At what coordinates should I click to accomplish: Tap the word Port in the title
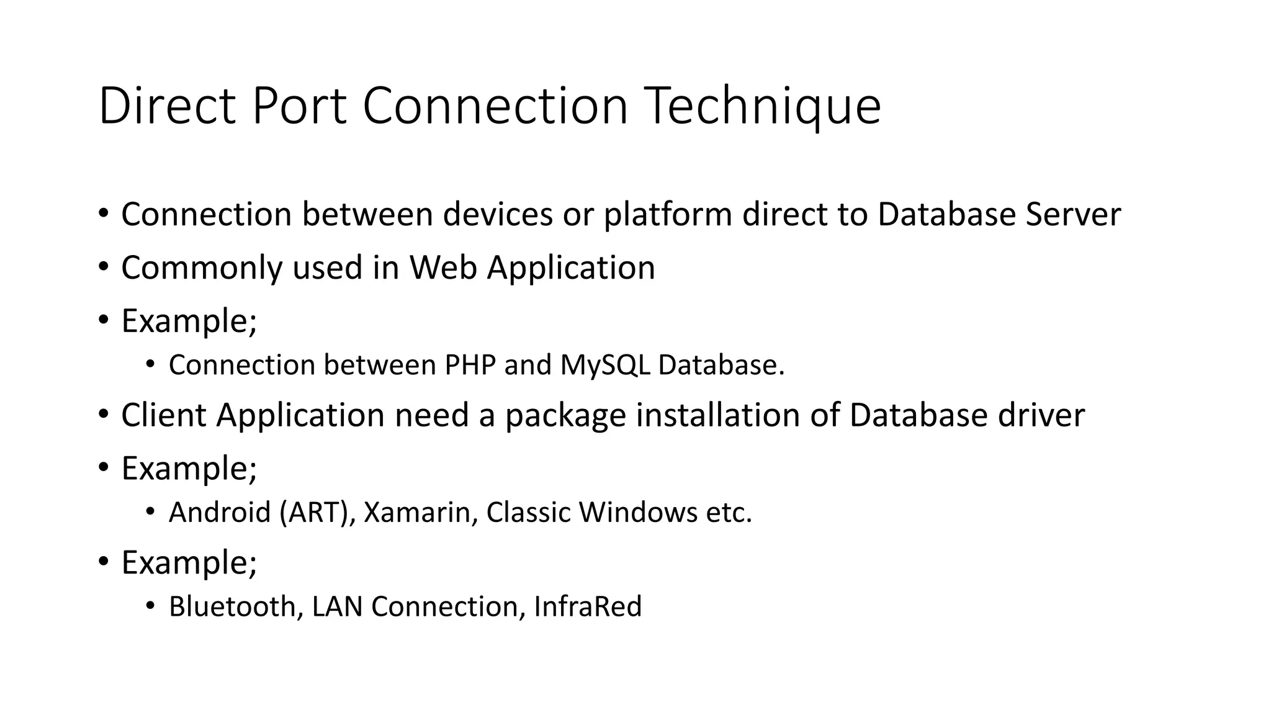(x=299, y=107)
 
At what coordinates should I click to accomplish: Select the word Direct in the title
(x=166, y=107)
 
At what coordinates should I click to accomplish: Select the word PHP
(x=470, y=365)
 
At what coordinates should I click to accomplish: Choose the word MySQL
(x=605, y=366)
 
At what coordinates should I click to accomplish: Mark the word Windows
(x=639, y=513)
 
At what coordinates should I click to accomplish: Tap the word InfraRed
(x=587, y=606)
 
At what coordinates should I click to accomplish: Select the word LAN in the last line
(x=337, y=606)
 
